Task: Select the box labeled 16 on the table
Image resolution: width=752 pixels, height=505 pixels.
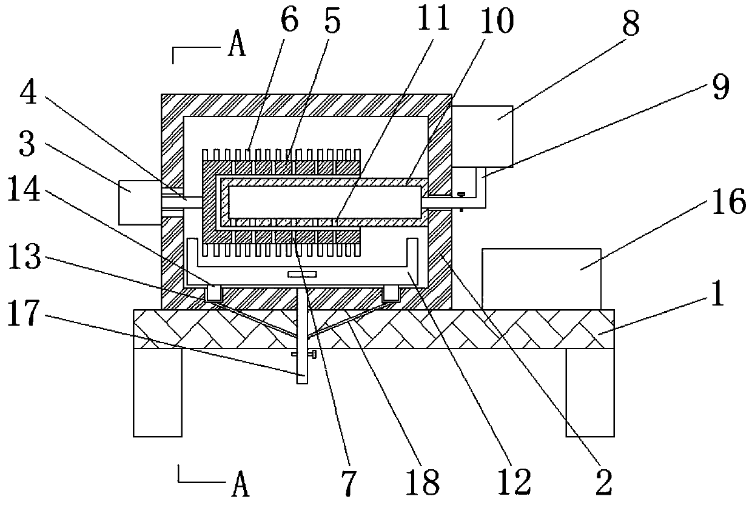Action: (540, 278)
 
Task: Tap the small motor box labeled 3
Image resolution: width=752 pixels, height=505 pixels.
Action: (140, 202)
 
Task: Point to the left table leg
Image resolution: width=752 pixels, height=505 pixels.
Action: (157, 392)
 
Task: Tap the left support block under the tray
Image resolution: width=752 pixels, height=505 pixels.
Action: (213, 294)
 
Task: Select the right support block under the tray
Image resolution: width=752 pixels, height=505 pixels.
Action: (391, 294)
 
